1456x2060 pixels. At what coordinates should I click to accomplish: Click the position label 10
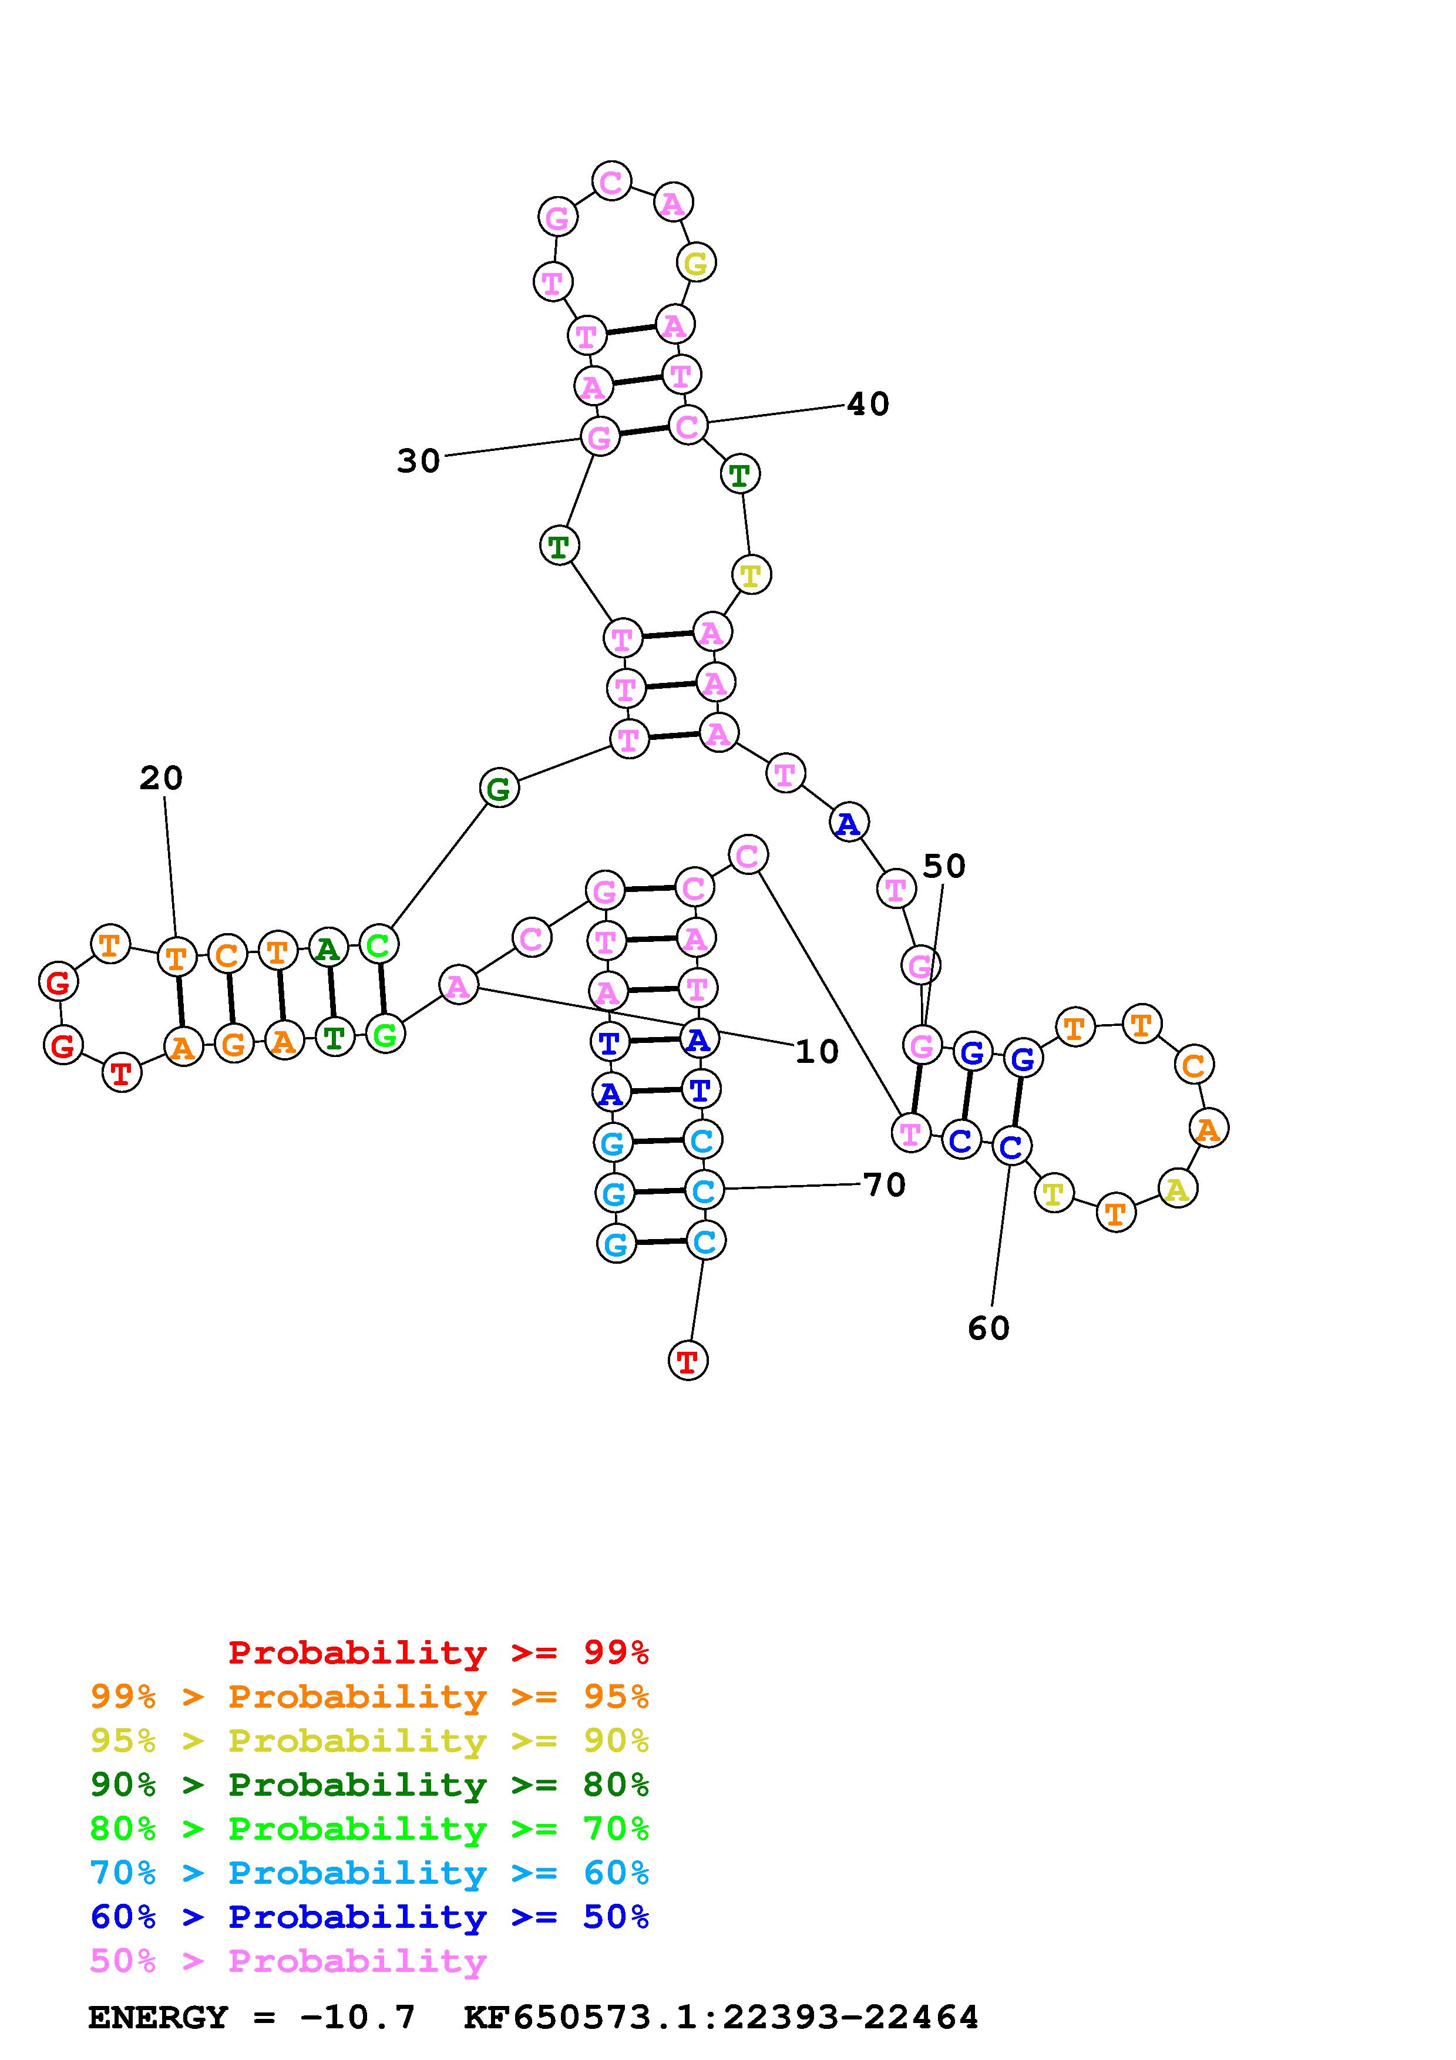[816, 1052]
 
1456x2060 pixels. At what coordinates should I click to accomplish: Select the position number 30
[418, 461]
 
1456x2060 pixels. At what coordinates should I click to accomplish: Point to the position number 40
[867, 404]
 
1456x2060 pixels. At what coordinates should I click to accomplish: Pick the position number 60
[988, 1328]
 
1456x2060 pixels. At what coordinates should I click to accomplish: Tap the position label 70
[885, 1184]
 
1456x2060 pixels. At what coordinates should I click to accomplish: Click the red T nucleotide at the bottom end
[688, 1361]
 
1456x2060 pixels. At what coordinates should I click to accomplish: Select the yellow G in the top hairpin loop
[695, 264]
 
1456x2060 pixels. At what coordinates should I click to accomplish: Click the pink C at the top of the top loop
[611, 182]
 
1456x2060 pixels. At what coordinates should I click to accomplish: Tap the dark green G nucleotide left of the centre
[499, 789]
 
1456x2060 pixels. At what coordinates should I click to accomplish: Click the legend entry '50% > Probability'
[287, 1961]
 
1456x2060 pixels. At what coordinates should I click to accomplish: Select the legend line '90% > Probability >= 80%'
[369, 1785]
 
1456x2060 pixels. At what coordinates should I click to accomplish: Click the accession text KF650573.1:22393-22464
[721, 2017]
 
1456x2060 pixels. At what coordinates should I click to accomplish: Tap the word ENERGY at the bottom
[158, 2017]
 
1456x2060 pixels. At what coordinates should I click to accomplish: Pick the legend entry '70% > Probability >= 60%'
[369, 1873]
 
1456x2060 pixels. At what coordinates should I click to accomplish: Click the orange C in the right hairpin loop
[1193, 1065]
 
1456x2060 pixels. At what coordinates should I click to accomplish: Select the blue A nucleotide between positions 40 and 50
[848, 823]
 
